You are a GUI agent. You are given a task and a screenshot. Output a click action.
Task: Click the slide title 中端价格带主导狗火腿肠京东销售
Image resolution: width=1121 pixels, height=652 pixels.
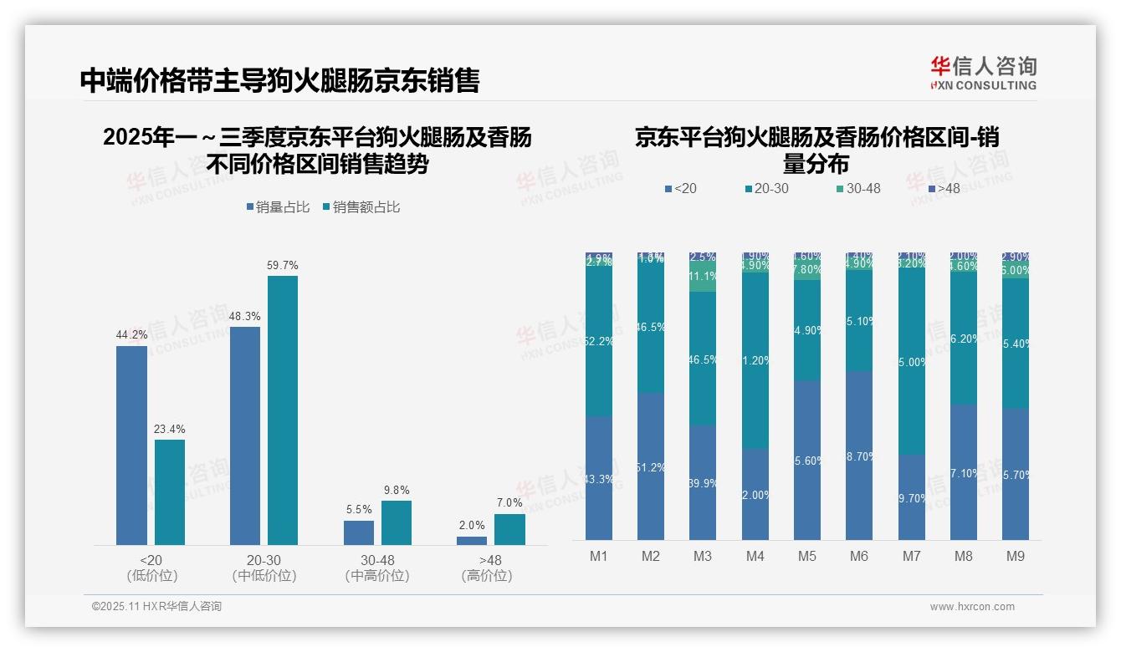(279, 80)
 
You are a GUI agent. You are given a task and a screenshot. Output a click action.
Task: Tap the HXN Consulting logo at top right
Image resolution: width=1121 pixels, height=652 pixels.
(983, 73)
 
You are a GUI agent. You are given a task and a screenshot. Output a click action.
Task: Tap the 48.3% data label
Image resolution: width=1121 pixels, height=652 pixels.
(244, 317)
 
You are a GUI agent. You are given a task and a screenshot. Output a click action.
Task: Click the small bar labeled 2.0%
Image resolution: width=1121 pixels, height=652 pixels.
(472, 541)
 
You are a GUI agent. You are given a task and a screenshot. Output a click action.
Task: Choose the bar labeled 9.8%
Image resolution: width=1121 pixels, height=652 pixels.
(397, 522)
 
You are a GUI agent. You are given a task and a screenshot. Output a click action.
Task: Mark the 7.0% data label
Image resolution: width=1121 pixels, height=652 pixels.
(509, 503)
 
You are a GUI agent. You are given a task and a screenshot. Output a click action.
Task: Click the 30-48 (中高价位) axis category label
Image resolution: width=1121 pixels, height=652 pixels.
(376, 568)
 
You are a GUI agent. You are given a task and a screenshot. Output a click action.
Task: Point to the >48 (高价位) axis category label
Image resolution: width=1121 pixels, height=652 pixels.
(486, 568)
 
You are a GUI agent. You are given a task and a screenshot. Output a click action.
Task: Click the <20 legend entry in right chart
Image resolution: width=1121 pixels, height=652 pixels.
(680, 189)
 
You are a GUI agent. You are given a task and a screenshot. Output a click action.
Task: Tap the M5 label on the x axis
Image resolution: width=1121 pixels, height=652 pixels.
(806, 556)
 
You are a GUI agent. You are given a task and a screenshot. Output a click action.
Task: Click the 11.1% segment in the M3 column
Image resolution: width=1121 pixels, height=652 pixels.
(703, 277)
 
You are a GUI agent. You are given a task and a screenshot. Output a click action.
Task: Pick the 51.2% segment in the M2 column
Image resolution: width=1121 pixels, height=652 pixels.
(651, 466)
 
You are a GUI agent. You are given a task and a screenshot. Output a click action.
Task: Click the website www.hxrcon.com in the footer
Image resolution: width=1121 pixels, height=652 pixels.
(972, 607)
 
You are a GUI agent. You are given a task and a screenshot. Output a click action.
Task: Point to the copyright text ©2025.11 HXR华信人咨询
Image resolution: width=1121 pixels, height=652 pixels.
(156, 607)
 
